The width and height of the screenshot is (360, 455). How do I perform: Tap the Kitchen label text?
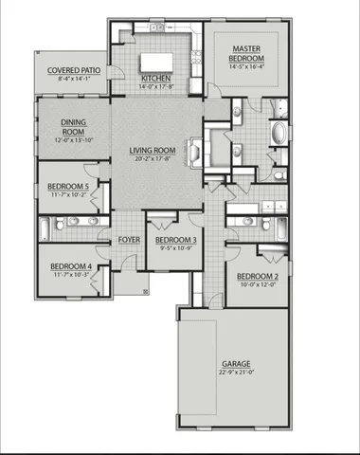coord(153,79)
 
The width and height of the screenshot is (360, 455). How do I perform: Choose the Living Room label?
coord(153,150)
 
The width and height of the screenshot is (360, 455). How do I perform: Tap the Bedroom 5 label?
coord(68,188)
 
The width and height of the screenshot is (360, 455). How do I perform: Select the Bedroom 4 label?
coord(70,266)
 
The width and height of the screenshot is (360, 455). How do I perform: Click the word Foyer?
coord(129,240)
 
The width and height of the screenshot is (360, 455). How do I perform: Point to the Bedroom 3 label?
coord(175,241)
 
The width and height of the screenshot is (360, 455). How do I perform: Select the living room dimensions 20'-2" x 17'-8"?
coord(153,158)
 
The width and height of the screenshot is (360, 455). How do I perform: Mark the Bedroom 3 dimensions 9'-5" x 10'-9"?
coord(175,250)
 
